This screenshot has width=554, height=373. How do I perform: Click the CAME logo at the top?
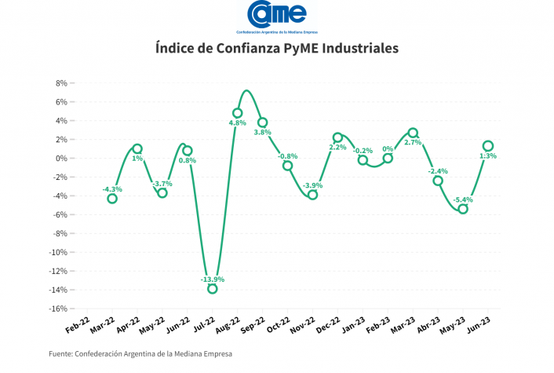[276, 14]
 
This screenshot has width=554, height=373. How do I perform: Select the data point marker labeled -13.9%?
[213, 288]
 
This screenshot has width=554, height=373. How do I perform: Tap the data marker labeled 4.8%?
[238, 113]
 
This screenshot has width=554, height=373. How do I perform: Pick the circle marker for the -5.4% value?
[463, 209]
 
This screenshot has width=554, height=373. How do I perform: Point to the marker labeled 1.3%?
[488, 145]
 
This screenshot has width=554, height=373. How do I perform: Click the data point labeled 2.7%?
[413, 133]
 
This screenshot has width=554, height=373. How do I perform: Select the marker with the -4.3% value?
[112, 199]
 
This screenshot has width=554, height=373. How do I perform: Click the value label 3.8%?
[262, 132]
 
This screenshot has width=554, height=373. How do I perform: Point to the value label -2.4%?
[438, 170]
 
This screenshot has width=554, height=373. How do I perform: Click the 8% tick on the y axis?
[60, 83]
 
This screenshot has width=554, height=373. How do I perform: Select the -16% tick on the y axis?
[56, 309]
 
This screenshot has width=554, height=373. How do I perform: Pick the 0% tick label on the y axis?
[60, 159]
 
